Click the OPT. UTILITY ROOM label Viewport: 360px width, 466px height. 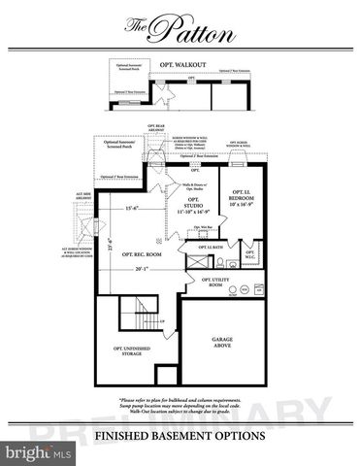pos(219,283)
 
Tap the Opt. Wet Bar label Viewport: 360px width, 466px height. pos(203,227)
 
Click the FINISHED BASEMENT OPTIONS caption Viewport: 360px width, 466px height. pos(180,436)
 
